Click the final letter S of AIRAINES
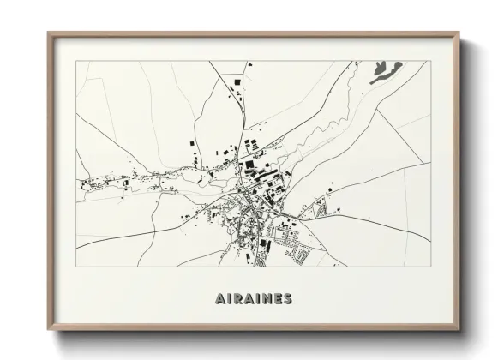[286, 299]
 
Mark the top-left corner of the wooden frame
[48, 33]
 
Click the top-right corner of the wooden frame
[460, 33]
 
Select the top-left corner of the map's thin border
[76, 61]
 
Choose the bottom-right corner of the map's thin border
[427, 267]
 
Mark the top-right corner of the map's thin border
[427, 61]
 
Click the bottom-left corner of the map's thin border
[76, 267]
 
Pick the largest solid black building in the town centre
[249, 164]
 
